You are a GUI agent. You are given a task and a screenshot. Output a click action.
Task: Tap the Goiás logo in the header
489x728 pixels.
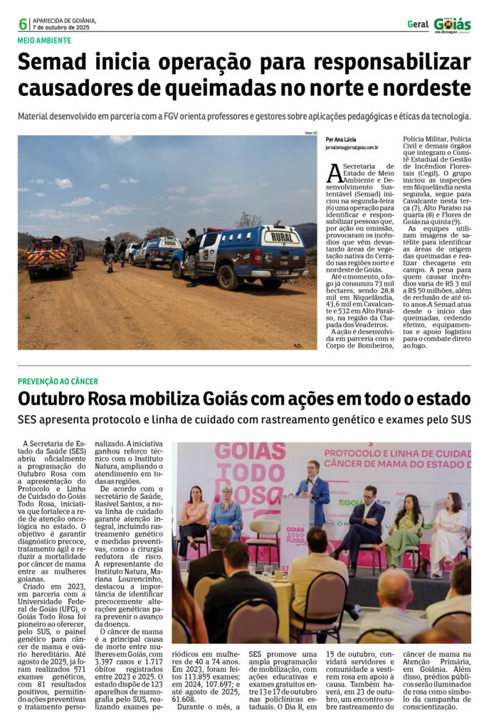pyautogui.click(x=452, y=25)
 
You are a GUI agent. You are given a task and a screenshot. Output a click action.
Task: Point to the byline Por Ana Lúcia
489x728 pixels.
pyautogui.click(x=341, y=139)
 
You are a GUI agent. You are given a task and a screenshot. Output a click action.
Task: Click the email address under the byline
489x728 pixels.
pyautogui.click(x=352, y=148)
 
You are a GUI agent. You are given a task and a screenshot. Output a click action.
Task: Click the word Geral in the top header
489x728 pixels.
pyautogui.click(x=418, y=24)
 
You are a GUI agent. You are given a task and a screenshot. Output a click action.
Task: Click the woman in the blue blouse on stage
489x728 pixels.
pyautogui.click(x=227, y=509)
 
